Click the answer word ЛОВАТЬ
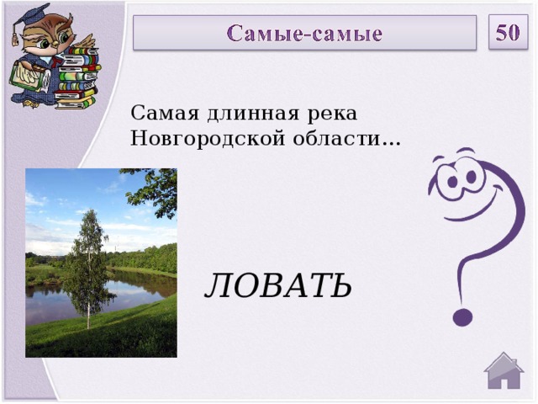tap(278, 287)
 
